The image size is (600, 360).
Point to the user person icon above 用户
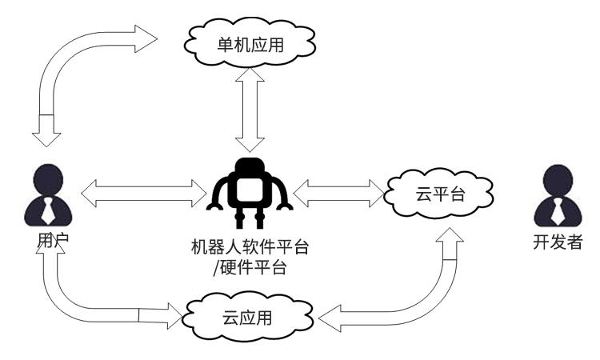[48, 197]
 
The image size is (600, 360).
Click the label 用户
[48, 240]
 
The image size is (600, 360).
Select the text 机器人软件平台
[250, 246]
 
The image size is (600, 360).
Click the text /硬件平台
[250, 267]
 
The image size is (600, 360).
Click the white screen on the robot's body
[250, 192]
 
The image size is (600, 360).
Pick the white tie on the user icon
[48, 210]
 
